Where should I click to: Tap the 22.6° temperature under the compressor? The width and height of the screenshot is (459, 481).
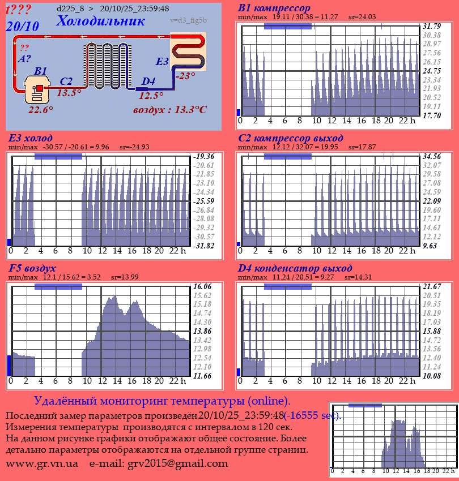41,110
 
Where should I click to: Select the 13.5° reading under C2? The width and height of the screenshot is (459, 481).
69,93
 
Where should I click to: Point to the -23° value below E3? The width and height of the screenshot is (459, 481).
185,76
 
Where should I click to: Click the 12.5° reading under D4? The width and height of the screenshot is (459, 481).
151,96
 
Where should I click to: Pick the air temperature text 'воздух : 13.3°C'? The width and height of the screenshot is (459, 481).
169,110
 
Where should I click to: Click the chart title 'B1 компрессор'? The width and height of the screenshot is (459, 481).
274,8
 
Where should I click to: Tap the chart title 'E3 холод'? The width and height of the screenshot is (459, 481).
31,138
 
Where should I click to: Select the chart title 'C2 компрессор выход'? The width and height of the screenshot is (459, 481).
290,138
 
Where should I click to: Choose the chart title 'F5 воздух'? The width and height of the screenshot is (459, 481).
32,268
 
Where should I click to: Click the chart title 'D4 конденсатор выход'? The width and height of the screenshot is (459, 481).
295,268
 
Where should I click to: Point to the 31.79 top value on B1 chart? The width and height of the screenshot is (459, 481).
432,27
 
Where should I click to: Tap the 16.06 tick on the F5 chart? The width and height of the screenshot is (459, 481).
202,286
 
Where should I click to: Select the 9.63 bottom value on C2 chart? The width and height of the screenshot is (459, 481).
431,246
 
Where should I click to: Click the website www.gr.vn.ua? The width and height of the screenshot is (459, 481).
42,464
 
